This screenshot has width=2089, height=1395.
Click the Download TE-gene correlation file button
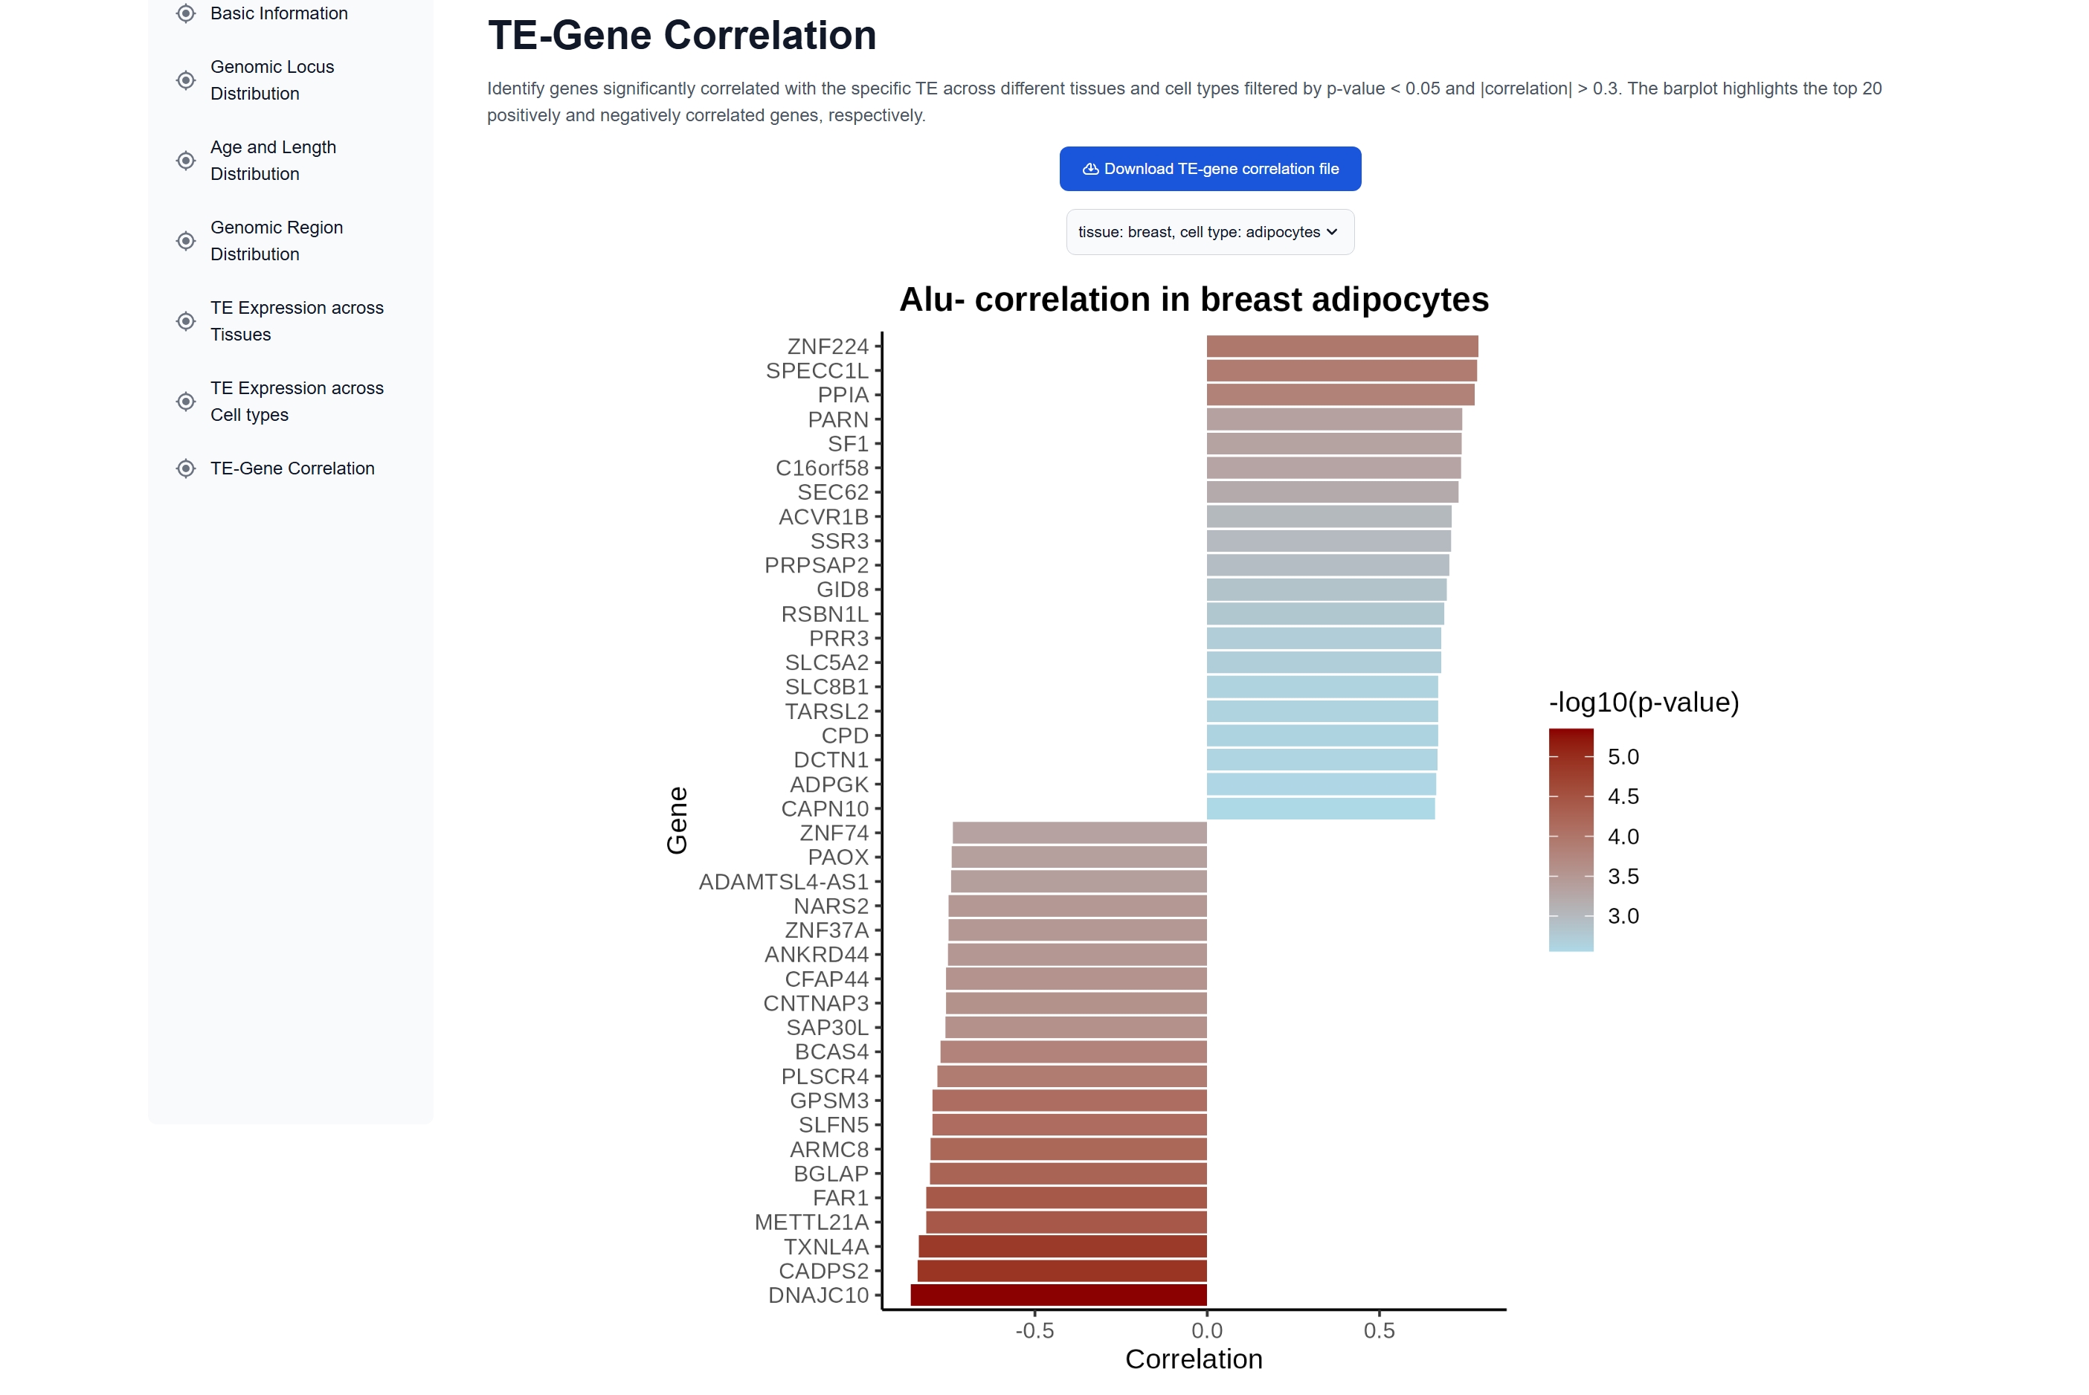1209,169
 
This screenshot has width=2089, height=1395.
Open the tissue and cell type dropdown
1209,232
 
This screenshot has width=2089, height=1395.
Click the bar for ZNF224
1342,346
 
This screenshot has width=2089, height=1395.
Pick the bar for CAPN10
1320,809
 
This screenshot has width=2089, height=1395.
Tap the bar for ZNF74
1079,833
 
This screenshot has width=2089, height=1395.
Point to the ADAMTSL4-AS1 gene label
783,882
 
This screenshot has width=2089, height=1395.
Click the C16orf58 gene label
821,468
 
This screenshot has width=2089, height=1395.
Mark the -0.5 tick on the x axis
1034,1331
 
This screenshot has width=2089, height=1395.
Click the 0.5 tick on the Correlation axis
1379,1331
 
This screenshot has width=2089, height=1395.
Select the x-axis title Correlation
1193,1359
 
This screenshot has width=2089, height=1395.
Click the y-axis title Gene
677,820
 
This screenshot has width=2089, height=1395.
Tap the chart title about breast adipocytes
1193,300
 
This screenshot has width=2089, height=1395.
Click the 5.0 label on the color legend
1623,757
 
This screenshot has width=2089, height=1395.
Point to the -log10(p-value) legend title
1644,702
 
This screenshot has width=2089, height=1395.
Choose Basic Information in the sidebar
278,13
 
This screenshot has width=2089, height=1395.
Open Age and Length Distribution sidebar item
273,160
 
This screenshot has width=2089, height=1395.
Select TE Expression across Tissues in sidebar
296,321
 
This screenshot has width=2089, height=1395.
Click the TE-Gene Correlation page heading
681,36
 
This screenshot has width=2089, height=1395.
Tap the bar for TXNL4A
1062,1246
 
